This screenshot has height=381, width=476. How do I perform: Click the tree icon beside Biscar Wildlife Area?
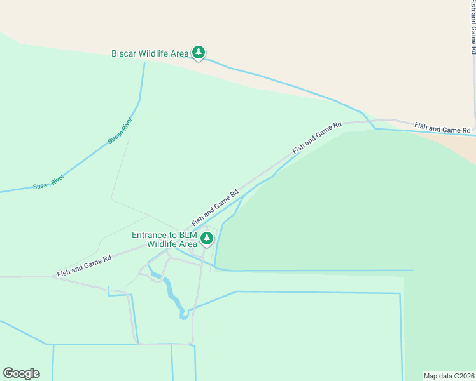(199, 53)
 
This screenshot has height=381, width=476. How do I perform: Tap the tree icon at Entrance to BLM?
(207, 239)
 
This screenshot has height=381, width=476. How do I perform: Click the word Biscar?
(125, 54)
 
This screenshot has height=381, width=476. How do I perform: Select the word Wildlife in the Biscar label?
(155, 54)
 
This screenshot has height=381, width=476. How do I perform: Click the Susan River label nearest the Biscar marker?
(120, 130)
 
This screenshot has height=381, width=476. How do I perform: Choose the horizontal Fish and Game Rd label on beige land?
(442, 128)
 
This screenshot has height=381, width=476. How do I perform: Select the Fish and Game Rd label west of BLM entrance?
(84, 265)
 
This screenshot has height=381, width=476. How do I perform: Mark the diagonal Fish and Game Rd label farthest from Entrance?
(317, 138)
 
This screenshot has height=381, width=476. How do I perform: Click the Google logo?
(21, 373)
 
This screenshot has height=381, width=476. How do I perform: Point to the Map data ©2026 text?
(449, 375)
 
